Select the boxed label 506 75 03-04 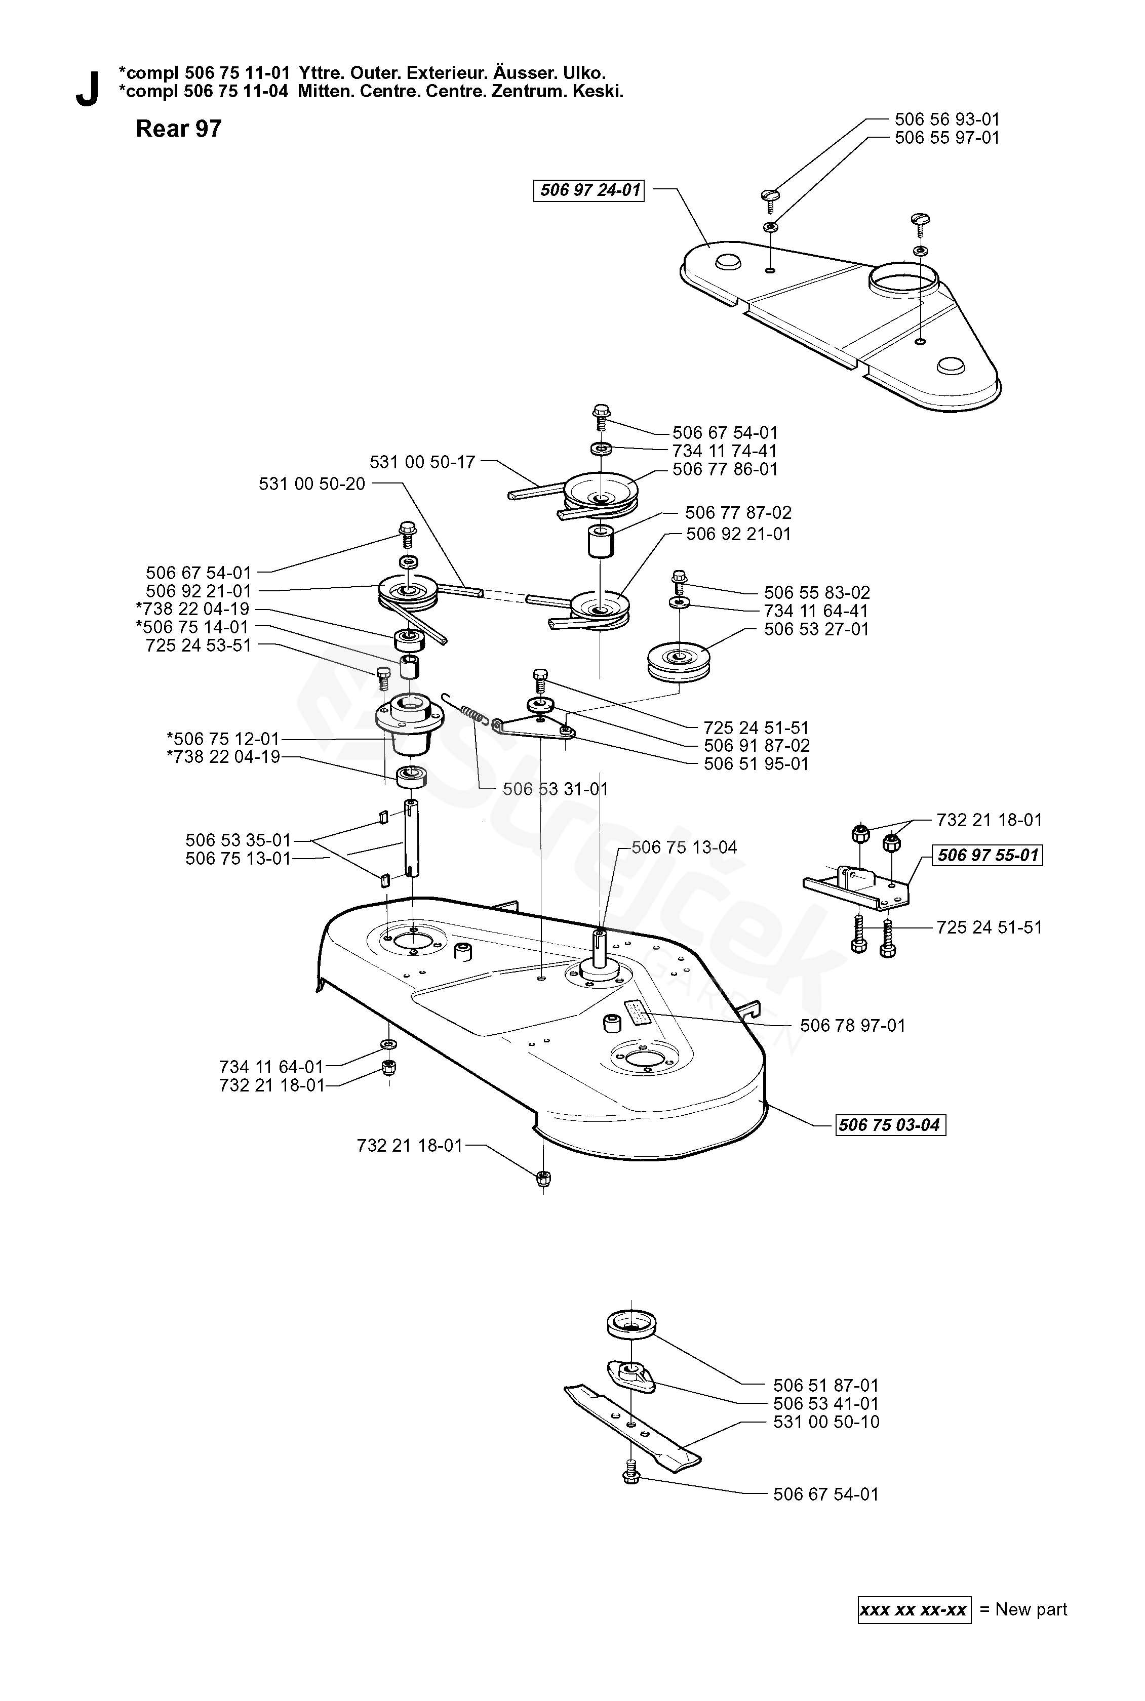point(890,1125)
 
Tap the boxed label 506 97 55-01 point(988,855)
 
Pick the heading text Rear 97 point(179,129)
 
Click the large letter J point(88,90)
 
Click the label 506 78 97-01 point(853,1026)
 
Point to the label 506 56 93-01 point(947,119)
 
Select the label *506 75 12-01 point(223,739)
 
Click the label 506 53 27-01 point(816,629)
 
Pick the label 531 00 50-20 point(312,484)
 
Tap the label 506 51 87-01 point(826,1386)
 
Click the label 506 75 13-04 point(684,847)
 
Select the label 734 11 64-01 point(271,1067)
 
